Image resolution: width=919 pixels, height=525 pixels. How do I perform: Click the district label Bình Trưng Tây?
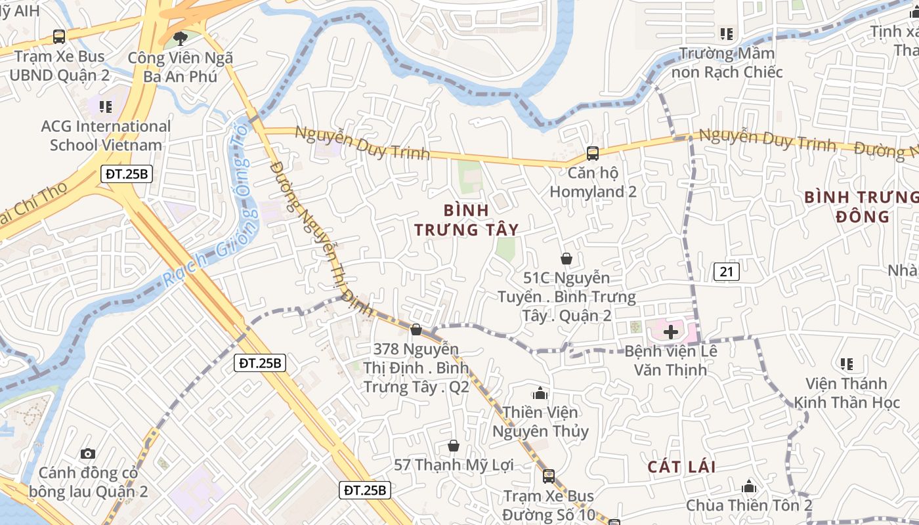[x=466, y=220]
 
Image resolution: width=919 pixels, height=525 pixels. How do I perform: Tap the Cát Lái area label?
[x=681, y=467]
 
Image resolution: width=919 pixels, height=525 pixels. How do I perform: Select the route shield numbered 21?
[x=727, y=272]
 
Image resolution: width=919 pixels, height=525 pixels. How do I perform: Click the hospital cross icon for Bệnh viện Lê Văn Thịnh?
[x=671, y=332]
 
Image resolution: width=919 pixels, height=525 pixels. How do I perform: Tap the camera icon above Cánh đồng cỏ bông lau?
[x=88, y=453]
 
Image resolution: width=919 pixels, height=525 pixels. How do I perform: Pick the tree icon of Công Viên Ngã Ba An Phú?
[x=180, y=39]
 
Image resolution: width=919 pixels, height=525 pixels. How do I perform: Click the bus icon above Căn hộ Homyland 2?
[x=593, y=154]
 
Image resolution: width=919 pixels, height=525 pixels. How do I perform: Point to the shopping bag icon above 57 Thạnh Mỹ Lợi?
[x=453, y=446]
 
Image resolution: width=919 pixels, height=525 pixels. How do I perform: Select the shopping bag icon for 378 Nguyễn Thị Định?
[x=416, y=329]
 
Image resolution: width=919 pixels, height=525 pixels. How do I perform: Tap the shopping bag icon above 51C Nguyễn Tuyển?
[x=566, y=259]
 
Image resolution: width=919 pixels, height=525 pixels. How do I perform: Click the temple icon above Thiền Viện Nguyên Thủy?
[x=540, y=393]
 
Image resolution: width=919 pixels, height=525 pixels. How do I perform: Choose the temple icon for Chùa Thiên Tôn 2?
[x=749, y=487]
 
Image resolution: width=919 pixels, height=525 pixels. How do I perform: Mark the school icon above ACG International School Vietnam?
[x=106, y=106]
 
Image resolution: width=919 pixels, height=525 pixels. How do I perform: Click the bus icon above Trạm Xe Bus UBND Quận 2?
[x=59, y=37]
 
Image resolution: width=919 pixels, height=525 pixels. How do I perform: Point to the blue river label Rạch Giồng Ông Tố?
[x=217, y=217]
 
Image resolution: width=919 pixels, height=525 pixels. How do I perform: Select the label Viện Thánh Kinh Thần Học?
[x=847, y=393]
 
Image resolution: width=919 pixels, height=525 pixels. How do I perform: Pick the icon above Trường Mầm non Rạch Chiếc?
[x=726, y=33]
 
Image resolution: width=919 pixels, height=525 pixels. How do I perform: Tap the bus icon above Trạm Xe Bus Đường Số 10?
[x=549, y=476]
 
